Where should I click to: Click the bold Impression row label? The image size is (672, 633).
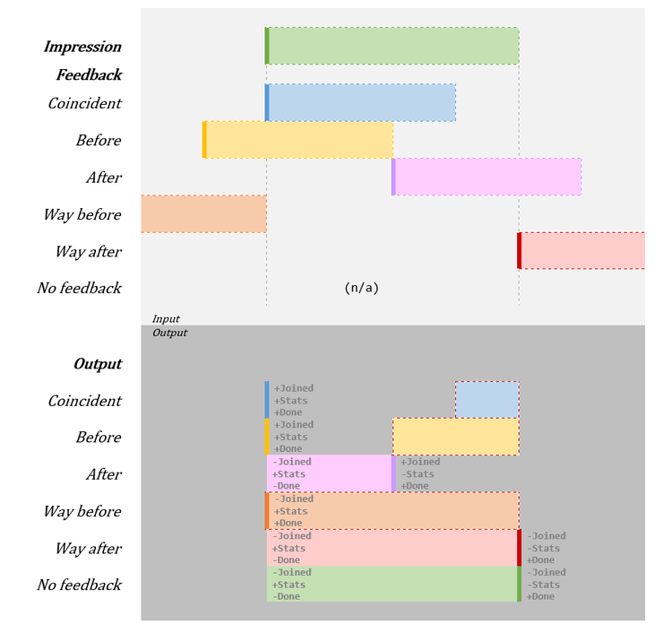(82, 47)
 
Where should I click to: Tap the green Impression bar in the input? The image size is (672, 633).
(392, 46)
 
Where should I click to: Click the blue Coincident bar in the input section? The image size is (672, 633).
(361, 102)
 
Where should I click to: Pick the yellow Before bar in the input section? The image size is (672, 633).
(298, 140)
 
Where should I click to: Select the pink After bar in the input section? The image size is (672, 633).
(487, 177)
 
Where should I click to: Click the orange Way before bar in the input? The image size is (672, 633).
(203, 213)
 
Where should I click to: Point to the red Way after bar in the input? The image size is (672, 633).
(582, 250)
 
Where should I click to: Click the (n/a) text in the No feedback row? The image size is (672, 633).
(361, 288)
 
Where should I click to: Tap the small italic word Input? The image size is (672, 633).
(166, 318)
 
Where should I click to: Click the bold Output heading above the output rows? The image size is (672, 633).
(98, 364)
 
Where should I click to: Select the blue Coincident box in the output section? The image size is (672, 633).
(487, 400)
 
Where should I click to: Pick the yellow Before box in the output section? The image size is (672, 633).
(455, 437)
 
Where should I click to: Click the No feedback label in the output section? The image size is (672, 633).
(79, 585)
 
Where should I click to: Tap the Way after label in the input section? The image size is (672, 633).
(88, 251)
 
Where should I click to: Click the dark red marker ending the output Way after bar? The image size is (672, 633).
(519, 548)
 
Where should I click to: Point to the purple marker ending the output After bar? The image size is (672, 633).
(393, 473)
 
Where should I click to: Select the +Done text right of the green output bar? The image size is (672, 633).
(540, 596)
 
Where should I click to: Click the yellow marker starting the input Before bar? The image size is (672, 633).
(204, 140)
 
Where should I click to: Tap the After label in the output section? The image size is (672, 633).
(103, 474)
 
